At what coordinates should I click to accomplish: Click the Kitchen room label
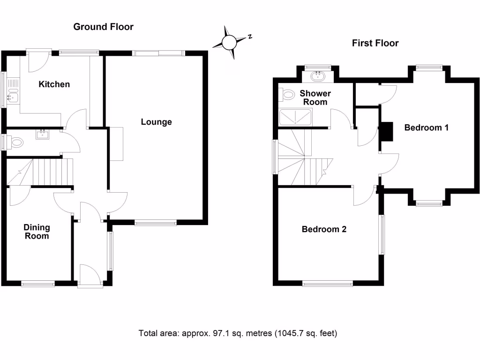[x=54, y=84]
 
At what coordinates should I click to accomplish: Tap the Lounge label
[x=157, y=122]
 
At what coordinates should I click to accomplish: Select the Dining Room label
[x=37, y=232]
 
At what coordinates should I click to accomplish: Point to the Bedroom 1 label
[x=427, y=127]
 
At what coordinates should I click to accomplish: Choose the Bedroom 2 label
[x=324, y=229]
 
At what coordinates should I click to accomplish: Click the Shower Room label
[x=315, y=97]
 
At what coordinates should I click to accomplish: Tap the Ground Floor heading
[x=103, y=27]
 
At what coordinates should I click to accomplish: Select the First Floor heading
[x=375, y=43]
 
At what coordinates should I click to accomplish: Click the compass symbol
[x=230, y=43]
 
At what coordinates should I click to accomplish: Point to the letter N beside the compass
[x=251, y=36]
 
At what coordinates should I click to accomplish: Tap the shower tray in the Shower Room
[x=295, y=117]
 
